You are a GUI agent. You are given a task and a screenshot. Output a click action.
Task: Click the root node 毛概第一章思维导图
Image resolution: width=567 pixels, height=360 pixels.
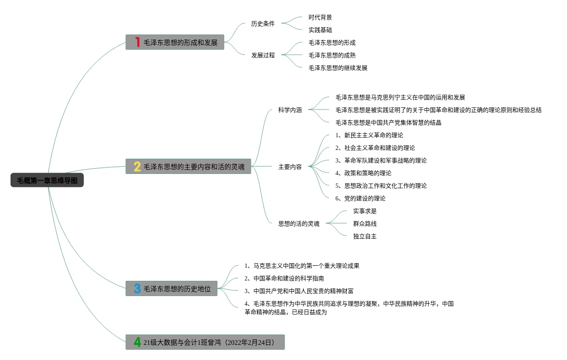tap(47, 180)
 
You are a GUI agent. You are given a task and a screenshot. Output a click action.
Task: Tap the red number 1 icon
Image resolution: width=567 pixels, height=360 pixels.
tap(137, 42)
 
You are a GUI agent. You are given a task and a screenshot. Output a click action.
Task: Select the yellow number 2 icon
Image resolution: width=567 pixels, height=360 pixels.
tap(137, 166)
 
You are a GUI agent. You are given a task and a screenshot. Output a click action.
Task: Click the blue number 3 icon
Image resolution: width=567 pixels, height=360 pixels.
tap(137, 288)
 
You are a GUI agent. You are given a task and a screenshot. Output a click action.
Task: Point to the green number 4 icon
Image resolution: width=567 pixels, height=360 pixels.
tap(137, 342)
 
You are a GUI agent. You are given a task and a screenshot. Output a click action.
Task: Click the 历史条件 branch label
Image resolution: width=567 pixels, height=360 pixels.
tap(263, 24)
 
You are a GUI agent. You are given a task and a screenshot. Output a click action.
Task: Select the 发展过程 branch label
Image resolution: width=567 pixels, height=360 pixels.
tap(263, 55)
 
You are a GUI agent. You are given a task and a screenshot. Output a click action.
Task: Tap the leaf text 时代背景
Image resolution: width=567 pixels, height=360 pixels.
tap(320, 17)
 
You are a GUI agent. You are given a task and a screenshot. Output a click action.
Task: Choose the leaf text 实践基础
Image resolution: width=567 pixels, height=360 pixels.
tap(320, 30)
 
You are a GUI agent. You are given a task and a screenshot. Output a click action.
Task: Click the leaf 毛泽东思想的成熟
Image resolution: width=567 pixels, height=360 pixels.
tap(332, 55)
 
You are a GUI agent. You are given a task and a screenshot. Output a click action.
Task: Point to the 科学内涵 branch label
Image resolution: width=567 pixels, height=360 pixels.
tap(290, 110)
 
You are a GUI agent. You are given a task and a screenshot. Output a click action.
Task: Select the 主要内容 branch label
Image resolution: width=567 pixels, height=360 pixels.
tap(290, 167)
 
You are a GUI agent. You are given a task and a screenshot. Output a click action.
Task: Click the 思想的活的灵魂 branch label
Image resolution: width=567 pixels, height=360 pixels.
tap(298, 224)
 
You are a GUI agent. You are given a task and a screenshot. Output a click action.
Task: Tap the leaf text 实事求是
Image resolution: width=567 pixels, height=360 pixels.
tap(365, 211)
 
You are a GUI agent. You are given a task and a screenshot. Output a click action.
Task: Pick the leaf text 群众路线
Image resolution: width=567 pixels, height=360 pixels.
tap(365, 224)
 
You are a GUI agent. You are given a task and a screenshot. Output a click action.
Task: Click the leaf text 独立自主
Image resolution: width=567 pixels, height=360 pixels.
tap(365, 236)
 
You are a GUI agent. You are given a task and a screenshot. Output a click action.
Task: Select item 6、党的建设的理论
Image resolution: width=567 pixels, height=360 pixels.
tap(360, 198)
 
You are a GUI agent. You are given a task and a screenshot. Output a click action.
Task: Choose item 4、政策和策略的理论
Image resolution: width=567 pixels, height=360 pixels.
tap(363, 173)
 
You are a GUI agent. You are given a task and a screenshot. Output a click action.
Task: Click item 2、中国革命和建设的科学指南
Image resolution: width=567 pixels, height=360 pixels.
tap(284, 278)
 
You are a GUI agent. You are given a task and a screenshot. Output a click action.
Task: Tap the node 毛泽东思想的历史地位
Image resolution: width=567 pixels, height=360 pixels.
tap(177, 289)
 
